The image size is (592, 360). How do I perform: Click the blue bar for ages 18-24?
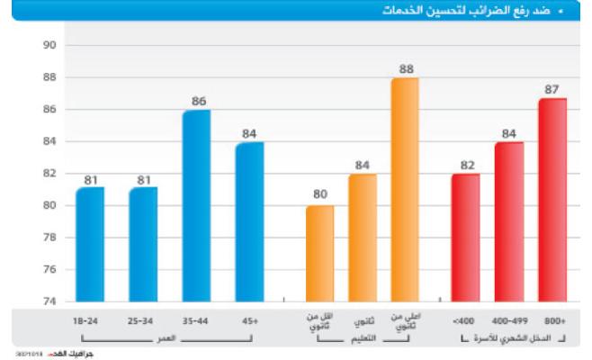coord(90,244)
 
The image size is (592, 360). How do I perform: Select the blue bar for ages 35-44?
coord(196,205)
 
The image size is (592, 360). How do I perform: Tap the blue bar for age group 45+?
coord(249,221)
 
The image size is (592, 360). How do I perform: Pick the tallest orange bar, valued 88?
coord(405,189)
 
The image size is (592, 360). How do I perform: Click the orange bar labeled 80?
coord(319,253)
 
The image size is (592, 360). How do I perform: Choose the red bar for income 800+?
coord(552,200)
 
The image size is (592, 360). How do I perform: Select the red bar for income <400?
coord(465,238)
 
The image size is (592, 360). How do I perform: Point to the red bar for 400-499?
coord(508,221)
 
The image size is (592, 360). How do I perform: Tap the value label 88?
coord(405,69)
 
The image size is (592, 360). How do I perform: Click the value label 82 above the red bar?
coord(465,166)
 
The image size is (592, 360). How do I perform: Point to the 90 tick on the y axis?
coord(49,45)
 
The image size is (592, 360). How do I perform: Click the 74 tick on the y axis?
coord(49,301)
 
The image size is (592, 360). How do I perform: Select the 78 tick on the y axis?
coord(49,238)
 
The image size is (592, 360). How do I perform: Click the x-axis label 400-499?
coord(508,320)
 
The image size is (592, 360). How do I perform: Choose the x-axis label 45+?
coord(249,320)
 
